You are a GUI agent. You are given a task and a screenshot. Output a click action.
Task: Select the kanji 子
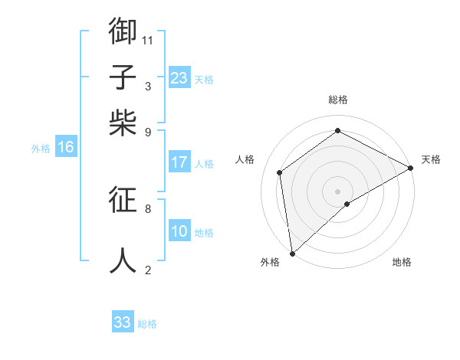click(x=123, y=77)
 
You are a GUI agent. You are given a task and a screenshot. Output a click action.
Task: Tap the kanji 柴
click(x=123, y=123)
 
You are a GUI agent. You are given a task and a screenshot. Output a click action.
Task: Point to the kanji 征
click(x=123, y=201)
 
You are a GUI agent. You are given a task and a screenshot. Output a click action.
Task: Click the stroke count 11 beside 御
click(x=147, y=39)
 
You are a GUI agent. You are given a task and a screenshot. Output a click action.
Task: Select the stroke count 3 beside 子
click(x=147, y=86)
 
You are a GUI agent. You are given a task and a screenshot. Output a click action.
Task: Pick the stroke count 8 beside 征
click(x=147, y=208)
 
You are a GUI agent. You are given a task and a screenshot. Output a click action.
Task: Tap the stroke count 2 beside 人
click(x=147, y=270)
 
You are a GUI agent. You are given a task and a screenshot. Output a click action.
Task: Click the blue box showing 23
click(x=179, y=77)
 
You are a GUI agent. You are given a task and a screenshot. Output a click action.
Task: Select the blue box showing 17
click(x=179, y=162)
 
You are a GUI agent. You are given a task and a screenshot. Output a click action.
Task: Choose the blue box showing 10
click(x=179, y=231)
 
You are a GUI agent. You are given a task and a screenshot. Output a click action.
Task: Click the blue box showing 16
click(x=66, y=147)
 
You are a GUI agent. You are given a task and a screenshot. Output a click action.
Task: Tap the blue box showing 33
click(x=122, y=322)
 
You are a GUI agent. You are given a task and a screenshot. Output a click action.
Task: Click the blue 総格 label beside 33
click(x=147, y=324)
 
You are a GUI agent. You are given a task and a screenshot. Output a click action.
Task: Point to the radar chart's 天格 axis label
click(x=431, y=159)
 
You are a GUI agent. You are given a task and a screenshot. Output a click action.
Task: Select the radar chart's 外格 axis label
click(x=270, y=262)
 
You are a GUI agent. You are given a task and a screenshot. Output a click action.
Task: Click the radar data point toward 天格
click(x=411, y=168)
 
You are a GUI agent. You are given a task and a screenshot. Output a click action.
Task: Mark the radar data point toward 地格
click(x=347, y=204)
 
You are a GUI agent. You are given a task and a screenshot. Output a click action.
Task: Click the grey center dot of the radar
click(x=338, y=191)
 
